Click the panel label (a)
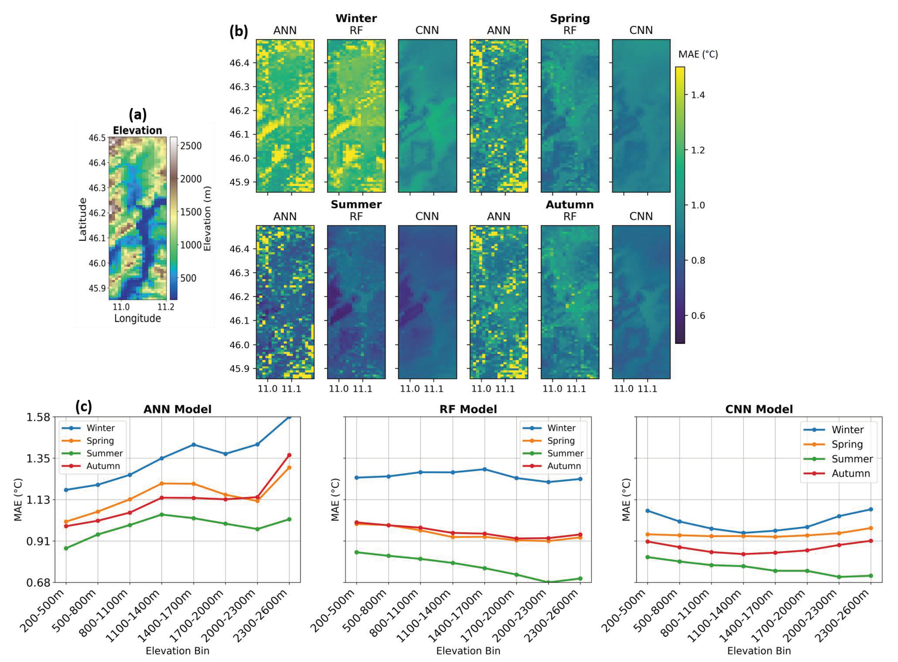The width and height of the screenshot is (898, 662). (137, 115)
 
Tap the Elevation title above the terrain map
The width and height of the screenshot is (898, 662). (137, 130)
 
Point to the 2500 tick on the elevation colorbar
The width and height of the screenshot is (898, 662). (191, 146)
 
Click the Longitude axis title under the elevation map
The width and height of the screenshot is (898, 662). (137, 318)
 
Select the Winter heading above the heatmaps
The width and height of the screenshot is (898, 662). (356, 18)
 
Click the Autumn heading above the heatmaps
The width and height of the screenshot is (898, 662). (570, 205)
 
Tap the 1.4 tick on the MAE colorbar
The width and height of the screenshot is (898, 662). (697, 95)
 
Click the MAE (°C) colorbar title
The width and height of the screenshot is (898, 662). (698, 54)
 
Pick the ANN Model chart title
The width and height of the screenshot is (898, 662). (178, 409)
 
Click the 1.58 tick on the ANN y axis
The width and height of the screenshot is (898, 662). (38, 417)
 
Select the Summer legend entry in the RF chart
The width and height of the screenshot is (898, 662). (565, 453)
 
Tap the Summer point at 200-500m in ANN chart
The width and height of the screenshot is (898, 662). (66, 548)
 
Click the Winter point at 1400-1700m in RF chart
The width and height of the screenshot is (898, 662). (484, 469)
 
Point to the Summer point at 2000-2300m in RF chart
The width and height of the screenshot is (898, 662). (548, 582)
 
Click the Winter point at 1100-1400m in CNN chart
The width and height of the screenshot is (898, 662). (743, 533)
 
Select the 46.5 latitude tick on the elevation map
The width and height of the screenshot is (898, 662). (97, 138)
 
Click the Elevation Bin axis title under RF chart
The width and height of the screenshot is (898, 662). (468, 651)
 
